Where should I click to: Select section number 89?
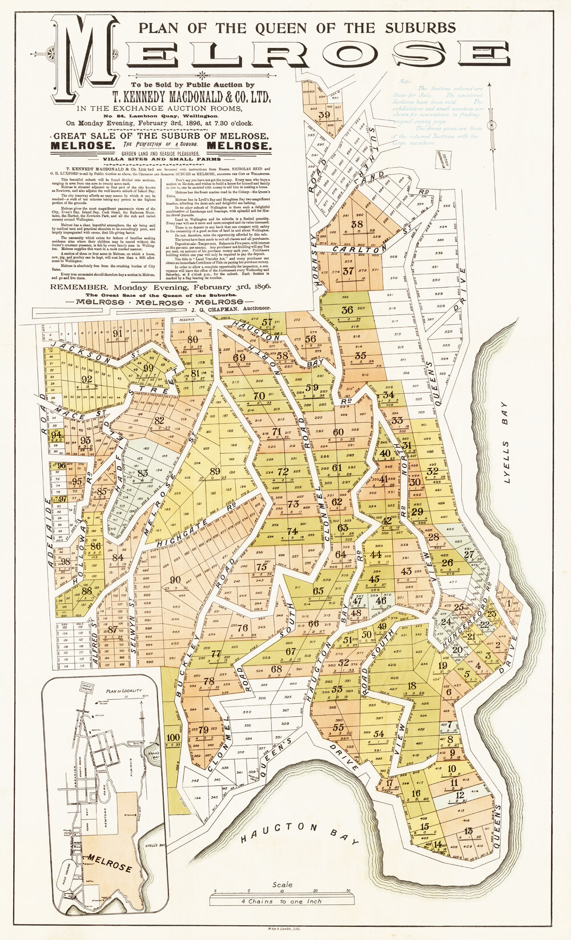[215, 471]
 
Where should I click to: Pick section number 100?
[172, 737]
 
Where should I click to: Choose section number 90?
[175, 580]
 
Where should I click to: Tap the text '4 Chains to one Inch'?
[282, 901]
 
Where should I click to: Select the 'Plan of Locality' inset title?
[123, 691]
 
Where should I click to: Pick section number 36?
[347, 310]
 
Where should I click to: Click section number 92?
[87, 379]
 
